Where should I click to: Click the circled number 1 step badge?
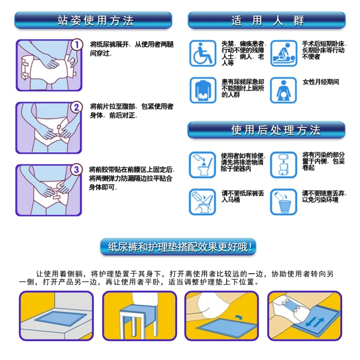76,45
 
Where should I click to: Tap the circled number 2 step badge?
76,107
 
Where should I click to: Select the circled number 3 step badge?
76,170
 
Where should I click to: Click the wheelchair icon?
203,53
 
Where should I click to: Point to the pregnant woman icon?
284,90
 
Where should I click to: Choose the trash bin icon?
284,202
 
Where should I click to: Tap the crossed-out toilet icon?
203,202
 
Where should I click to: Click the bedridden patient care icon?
284,53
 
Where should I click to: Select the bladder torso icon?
203,90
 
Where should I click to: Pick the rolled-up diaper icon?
284,165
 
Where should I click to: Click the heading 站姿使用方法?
95,21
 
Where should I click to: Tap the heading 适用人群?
267,21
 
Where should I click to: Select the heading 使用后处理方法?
276,130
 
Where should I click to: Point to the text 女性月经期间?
321,82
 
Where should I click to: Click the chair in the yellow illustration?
138,314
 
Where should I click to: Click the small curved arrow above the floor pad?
239,317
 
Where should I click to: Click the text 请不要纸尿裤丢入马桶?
242,197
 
